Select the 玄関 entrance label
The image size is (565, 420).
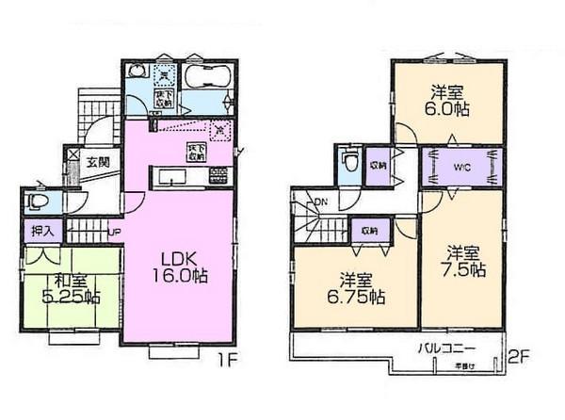[98, 162]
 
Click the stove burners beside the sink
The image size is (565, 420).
[218, 174]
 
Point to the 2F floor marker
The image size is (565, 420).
[520, 359]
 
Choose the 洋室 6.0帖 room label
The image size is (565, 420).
[448, 100]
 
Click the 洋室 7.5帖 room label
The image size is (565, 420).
[465, 261]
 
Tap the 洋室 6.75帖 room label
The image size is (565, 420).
[355, 287]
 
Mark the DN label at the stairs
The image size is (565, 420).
[320, 202]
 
